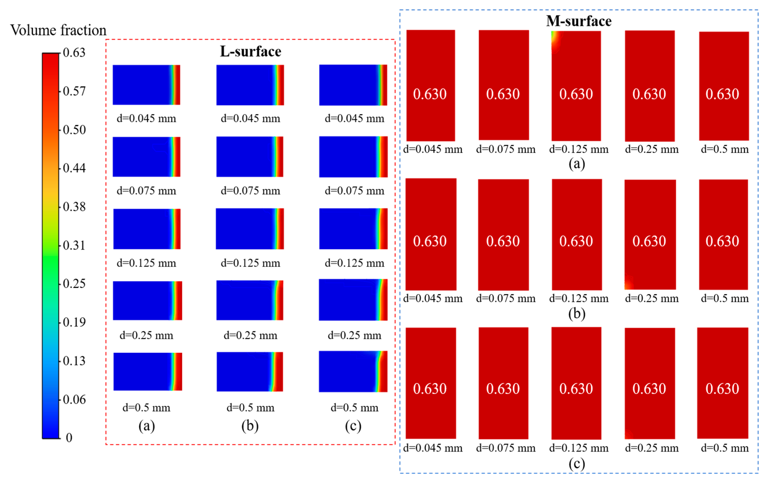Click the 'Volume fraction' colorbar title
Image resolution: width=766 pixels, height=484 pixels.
[58, 31]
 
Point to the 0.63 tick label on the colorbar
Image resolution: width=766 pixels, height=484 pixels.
[74, 53]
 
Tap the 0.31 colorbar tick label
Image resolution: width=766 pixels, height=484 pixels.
[74, 245]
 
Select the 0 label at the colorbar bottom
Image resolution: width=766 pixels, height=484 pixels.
[69, 438]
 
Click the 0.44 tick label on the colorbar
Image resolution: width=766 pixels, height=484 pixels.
[74, 168]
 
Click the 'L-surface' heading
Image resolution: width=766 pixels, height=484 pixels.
[250, 52]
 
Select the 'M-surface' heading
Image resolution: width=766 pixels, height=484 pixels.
[579, 21]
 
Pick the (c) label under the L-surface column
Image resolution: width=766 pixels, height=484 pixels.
[353, 426]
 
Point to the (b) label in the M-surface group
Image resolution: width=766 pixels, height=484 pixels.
[577, 314]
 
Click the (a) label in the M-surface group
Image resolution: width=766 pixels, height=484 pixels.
[577, 164]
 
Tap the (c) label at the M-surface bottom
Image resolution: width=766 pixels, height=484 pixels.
[577, 463]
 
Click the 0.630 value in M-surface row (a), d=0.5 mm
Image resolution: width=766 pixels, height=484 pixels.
[722, 94]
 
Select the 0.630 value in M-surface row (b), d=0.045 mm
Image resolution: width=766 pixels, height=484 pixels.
[430, 241]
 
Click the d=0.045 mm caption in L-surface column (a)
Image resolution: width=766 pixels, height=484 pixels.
[146, 118]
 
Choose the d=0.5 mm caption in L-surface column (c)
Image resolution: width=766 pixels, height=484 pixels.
[354, 408]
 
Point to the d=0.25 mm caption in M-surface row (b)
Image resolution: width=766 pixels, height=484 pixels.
[651, 299]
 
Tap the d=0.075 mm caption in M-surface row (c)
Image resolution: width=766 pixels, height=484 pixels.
[505, 448]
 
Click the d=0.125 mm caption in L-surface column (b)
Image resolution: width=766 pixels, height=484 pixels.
[250, 263]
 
